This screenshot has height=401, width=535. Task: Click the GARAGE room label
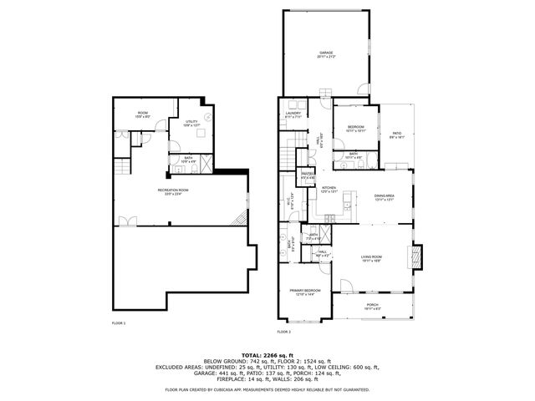coord(325,53)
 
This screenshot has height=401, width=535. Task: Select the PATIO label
coord(397,134)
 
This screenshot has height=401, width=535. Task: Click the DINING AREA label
coord(384,196)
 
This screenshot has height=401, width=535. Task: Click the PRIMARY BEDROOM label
coord(301,291)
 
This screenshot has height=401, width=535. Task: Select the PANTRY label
coord(307,175)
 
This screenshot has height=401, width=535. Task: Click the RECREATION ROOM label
coord(172,190)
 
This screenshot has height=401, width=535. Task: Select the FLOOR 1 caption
coord(119,322)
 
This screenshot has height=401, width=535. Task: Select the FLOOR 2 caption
coord(284,332)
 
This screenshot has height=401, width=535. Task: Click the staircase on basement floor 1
coord(238,220)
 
